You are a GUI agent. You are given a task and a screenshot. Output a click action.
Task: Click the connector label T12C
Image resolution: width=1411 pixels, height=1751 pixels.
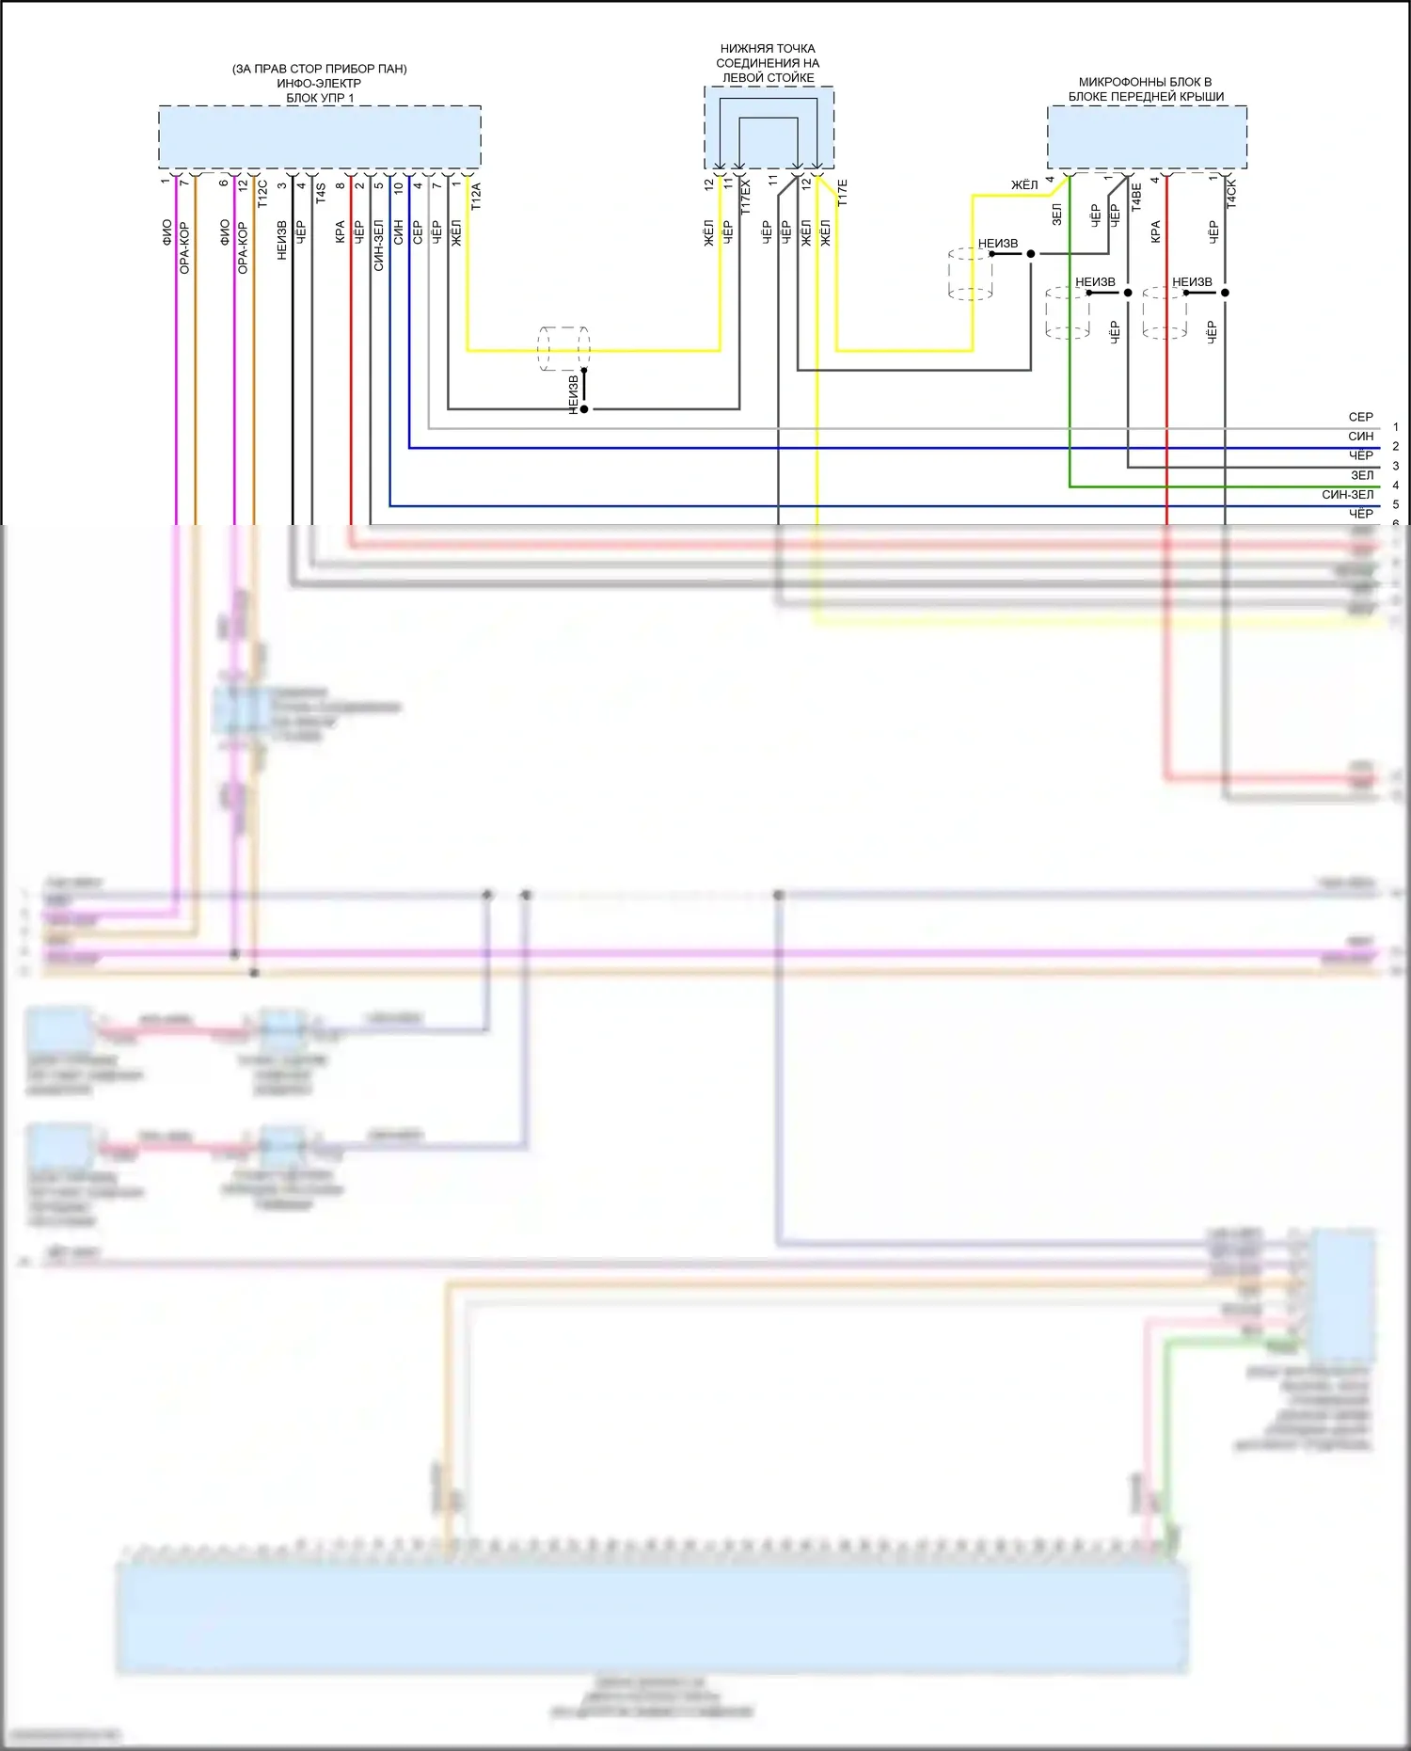pos(262,193)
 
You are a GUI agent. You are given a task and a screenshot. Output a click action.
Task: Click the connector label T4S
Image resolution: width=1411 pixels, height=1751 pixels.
pos(321,193)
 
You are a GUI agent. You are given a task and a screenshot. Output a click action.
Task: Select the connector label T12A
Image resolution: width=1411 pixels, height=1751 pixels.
pos(476,196)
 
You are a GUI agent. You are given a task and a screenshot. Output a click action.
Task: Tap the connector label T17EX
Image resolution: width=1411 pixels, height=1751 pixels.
pos(746,198)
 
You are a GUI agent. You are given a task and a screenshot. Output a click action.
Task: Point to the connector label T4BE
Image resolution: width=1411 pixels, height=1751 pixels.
pos(1136,196)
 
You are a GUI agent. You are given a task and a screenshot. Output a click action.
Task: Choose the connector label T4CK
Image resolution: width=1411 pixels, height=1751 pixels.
pos(1231,194)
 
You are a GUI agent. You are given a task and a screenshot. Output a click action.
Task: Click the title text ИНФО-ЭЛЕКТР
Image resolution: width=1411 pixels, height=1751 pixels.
pos(319,83)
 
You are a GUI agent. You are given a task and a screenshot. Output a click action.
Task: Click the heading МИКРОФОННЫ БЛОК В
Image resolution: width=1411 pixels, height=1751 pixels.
pos(1145,82)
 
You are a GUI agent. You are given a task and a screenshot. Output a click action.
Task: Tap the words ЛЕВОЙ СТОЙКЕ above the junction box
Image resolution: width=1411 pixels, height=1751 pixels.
pos(768,78)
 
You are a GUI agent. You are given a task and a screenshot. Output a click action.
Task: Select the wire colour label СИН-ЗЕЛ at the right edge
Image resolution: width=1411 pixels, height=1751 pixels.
pos(1347,494)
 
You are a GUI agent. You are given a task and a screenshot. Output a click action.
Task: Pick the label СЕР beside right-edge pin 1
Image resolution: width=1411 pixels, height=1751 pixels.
pos(1360,417)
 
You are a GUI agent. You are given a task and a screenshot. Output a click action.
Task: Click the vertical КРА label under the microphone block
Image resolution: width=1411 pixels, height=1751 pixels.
pos(1156,232)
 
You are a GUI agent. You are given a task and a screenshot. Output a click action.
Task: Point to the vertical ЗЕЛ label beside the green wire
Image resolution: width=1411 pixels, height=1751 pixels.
pos(1057,215)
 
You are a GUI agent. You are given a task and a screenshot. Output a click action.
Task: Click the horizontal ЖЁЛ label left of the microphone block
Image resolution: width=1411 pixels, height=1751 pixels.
pos(1024,185)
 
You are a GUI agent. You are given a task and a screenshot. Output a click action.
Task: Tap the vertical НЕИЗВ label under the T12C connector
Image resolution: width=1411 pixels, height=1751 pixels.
pos(281,240)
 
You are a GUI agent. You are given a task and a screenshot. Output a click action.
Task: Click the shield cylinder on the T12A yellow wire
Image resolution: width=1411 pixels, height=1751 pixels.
pos(563,349)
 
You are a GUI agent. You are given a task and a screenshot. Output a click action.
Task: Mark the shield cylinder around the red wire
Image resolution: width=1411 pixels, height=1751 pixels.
pos(1164,312)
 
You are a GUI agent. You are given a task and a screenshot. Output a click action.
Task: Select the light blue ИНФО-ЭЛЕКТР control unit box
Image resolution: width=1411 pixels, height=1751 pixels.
pos(320,136)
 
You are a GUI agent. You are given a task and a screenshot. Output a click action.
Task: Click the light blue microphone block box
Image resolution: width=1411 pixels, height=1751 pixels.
pos(1147,137)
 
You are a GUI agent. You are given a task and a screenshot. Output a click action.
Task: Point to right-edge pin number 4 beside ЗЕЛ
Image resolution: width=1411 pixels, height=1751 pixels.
pos(1396,486)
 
